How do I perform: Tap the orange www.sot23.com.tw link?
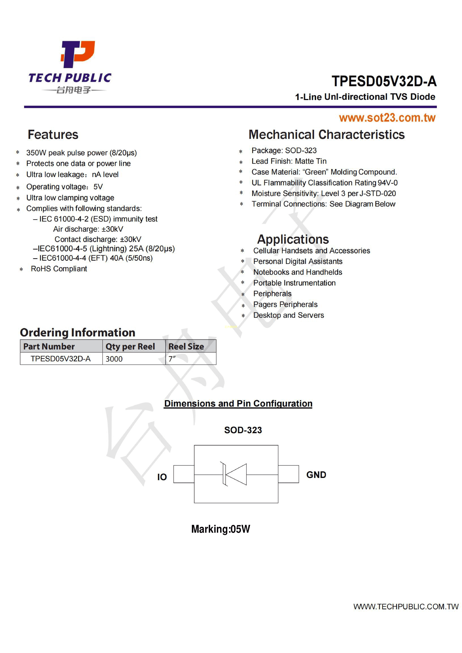pyautogui.click(x=387, y=118)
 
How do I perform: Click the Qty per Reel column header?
pyautogui.click(x=130, y=346)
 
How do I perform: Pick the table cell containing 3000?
pyautogui.click(x=114, y=359)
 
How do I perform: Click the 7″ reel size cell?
pyautogui.click(x=172, y=359)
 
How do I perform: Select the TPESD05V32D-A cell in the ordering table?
pyautogui.click(x=61, y=359)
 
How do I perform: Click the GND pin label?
pyautogui.click(x=316, y=475)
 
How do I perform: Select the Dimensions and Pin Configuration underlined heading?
pyautogui.click(x=238, y=404)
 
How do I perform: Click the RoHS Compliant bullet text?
pyautogui.click(x=59, y=269)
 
